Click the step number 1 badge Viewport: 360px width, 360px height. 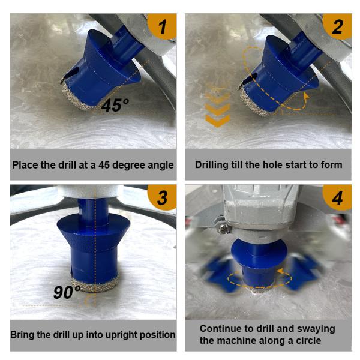tap(163, 26)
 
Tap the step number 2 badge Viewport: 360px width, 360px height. tap(337, 26)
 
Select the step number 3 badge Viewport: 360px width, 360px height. tap(163, 197)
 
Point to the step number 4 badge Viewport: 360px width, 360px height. tap(337, 197)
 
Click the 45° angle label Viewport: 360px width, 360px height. tap(115, 106)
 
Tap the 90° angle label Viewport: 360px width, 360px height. tap(67, 292)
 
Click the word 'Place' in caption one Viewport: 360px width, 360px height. tap(25, 165)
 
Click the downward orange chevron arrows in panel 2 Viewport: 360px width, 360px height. tap(217, 107)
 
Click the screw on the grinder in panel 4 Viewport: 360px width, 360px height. tap(224, 229)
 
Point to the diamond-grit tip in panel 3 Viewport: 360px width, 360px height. tap(95, 284)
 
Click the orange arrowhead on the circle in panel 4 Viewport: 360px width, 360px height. tap(280, 271)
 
